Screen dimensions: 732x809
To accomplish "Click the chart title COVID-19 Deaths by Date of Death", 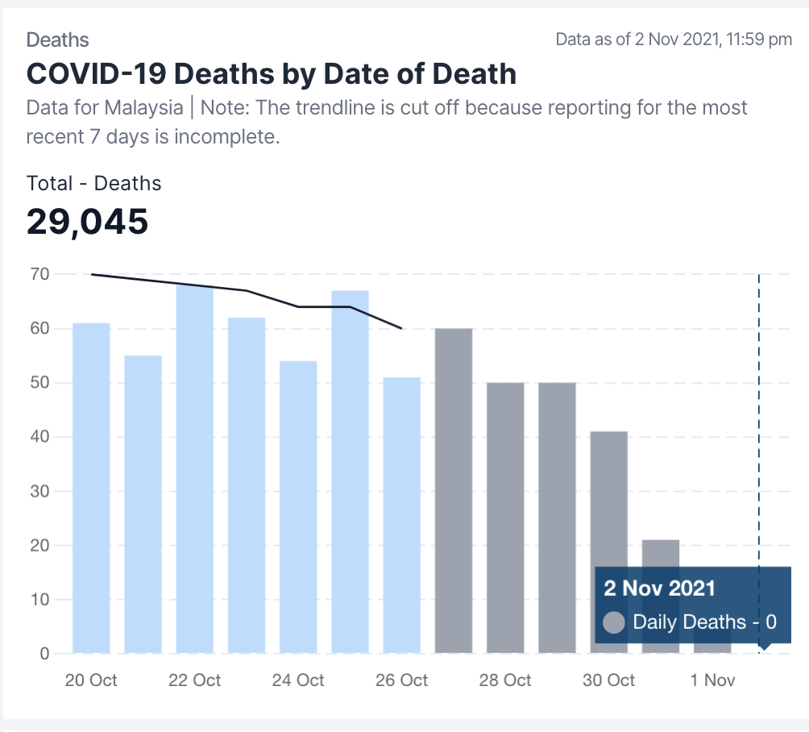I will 271,74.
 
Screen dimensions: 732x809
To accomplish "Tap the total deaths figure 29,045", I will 87,221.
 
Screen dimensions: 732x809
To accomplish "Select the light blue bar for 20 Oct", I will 91,488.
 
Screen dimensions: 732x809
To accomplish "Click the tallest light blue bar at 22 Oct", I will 195,468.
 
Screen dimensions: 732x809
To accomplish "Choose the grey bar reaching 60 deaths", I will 453,490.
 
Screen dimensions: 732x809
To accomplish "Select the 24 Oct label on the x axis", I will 298,680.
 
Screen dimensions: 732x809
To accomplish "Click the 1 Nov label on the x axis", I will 712,680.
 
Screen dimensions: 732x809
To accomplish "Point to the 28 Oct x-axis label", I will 505,680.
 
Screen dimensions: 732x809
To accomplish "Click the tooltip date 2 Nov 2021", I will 659,587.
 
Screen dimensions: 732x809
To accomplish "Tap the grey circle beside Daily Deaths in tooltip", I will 614,622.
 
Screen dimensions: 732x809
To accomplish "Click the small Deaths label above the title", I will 57,40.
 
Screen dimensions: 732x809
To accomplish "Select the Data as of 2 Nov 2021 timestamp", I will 674,40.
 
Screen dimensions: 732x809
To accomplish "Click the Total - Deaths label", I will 93,183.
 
